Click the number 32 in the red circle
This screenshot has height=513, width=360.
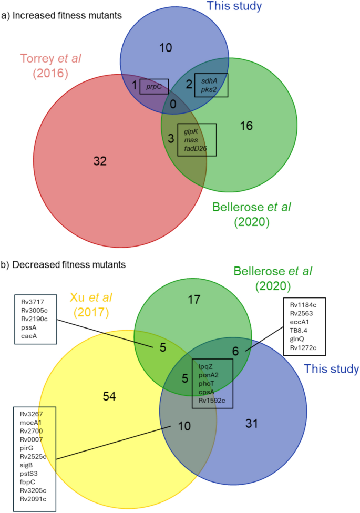point(100,161)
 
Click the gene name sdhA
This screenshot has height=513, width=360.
point(209,80)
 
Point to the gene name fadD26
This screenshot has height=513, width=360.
point(196,149)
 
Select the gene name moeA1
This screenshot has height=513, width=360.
point(31,422)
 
